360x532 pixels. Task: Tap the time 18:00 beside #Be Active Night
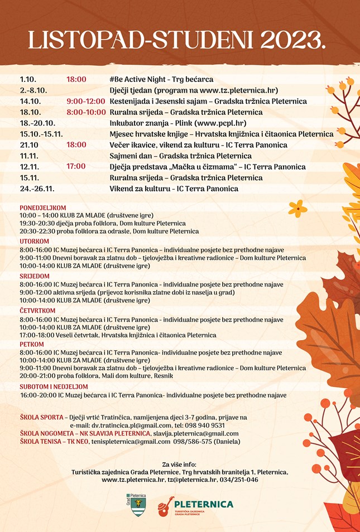coord(76,79)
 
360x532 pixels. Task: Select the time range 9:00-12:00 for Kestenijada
coord(85,101)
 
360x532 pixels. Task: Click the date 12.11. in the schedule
coord(28,167)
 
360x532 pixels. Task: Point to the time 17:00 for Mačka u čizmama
coord(76,166)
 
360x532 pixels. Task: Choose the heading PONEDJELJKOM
coord(42,207)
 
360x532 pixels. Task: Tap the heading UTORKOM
coord(34,241)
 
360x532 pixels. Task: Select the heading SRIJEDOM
coord(35,276)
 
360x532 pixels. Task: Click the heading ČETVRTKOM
coord(37,311)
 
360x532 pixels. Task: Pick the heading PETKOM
coord(31,344)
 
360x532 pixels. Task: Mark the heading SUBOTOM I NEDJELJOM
coord(54,386)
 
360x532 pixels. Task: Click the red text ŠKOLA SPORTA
coord(41,417)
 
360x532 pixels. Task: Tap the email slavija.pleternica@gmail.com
coord(195,433)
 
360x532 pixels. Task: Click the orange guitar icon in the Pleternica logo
coord(164,506)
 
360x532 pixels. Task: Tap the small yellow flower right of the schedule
coord(298,208)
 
